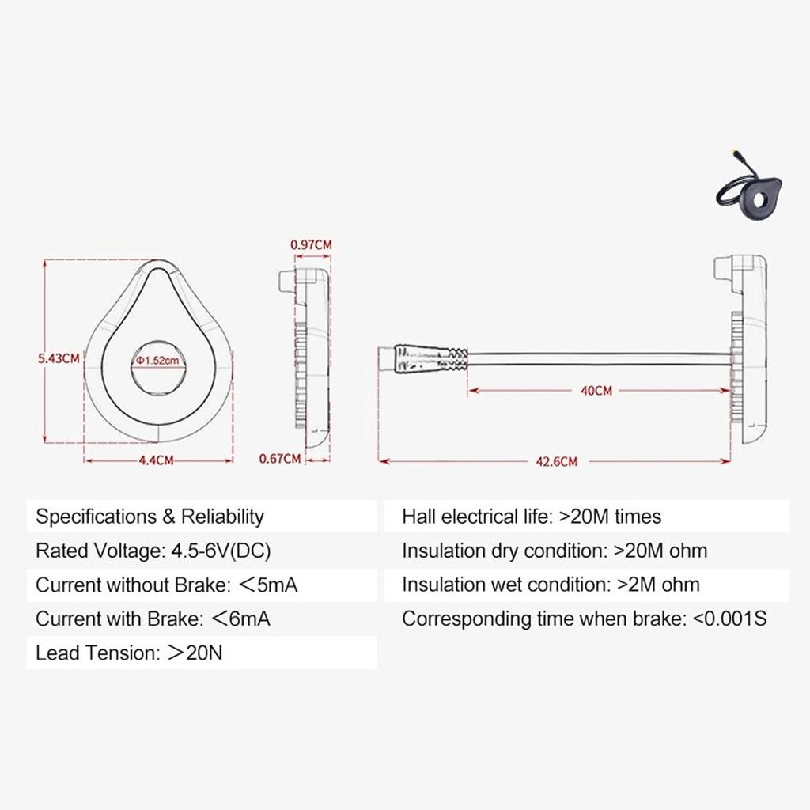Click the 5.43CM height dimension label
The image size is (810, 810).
pyautogui.click(x=59, y=358)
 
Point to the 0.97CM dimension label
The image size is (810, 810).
pyautogui.click(x=311, y=244)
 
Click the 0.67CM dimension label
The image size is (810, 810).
pyautogui.click(x=280, y=458)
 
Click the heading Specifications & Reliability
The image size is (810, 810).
pyautogui.click(x=150, y=517)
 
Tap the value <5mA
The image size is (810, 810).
pyautogui.click(x=269, y=585)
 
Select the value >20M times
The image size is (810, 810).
pyautogui.click(x=610, y=517)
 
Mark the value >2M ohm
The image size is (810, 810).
pyautogui.click(x=657, y=585)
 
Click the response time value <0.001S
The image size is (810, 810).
pyautogui.click(x=729, y=619)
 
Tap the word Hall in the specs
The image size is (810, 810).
pyautogui.click(x=418, y=517)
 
